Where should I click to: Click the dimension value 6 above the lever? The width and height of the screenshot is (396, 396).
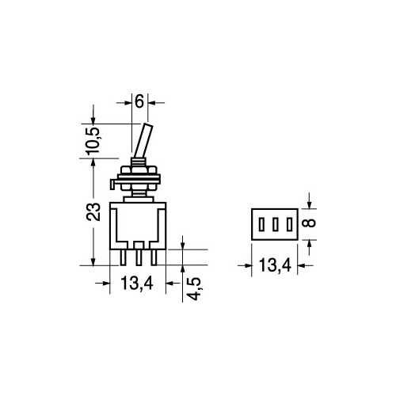click(x=139, y=102)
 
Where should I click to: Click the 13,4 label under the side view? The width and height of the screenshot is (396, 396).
click(x=137, y=282)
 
